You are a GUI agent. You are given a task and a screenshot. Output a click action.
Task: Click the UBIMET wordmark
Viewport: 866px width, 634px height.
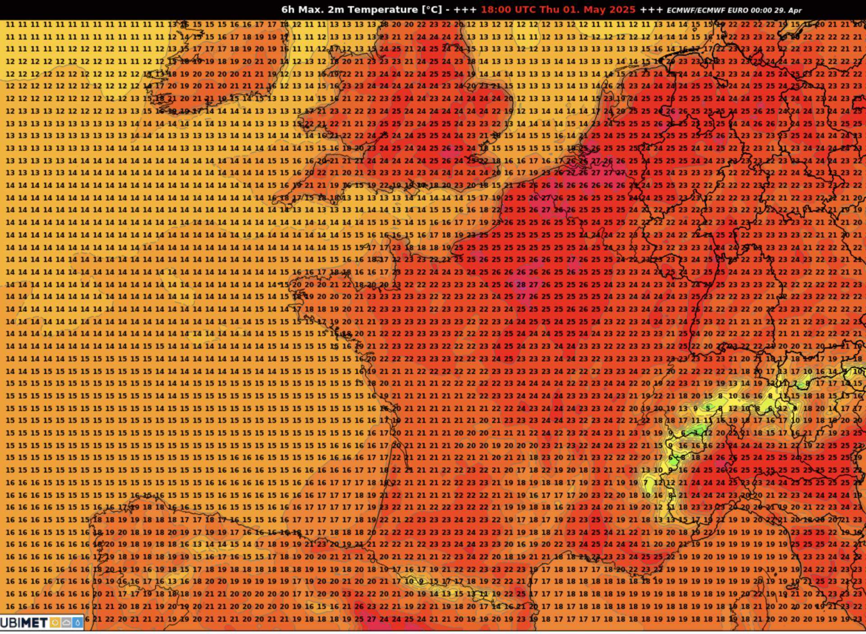pyautogui.click(x=23, y=623)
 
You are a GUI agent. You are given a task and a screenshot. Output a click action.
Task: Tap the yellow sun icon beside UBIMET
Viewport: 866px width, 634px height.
pyautogui.click(x=55, y=623)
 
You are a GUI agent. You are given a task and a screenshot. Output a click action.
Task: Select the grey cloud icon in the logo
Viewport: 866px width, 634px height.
pyautogui.click(x=66, y=623)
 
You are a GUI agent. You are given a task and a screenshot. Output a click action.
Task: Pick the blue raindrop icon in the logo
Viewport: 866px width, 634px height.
pyautogui.click(x=78, y=623)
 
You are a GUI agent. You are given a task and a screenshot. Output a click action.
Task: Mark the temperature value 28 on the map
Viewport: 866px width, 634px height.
pyautogui.click(x=521, y=285)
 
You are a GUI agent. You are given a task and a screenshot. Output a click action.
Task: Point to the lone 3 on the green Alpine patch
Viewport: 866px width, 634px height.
pyautogui.click(x=695, y=433)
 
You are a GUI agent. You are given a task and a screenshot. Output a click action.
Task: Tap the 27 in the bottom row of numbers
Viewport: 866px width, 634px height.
pyautogui.click(x=371, y=619)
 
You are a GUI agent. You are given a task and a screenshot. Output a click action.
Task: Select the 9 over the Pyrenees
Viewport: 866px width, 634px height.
pyautogui.click(x=421, y=581)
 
